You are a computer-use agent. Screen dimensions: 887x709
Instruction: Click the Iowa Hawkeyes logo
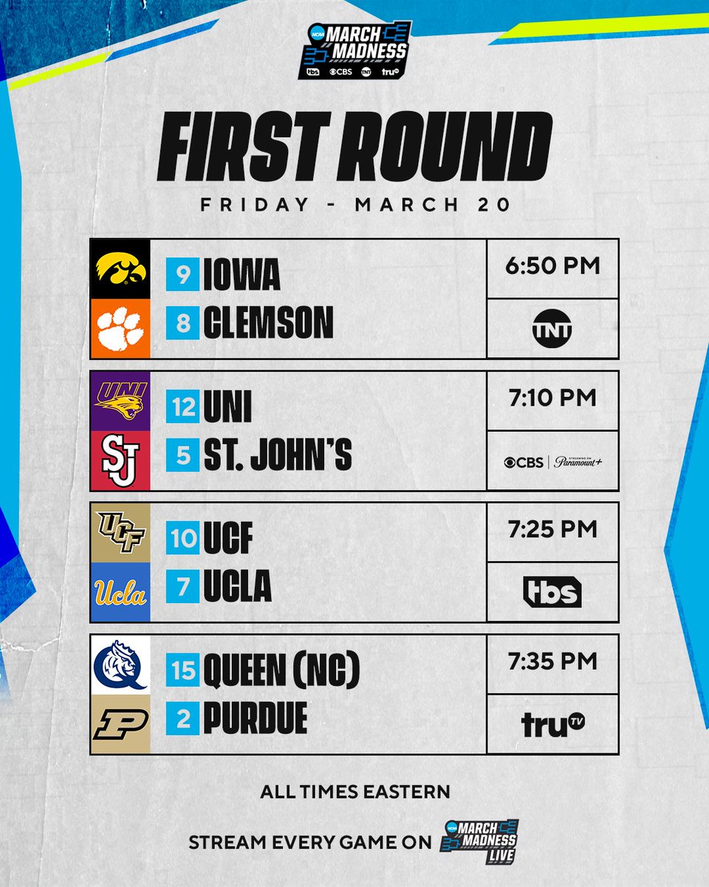coord(120,269)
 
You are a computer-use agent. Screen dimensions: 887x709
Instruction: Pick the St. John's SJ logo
coord(120,460)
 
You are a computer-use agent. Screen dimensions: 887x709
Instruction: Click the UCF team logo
coord(120,531)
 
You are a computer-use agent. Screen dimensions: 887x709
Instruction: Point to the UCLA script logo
coord(120,592)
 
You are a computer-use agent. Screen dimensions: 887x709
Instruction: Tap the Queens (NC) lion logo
coord(120,664)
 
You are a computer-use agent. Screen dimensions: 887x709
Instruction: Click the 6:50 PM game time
coord(552,265)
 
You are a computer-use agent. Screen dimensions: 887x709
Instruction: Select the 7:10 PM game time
coord(552,398)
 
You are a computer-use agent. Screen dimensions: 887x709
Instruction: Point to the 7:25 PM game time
coord(552,529)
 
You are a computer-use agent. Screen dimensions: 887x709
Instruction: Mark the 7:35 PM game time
coord(552,661)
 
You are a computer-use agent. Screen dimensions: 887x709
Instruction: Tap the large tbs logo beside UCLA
coord(552,591)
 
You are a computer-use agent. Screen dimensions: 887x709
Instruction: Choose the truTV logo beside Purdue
coord(552,724)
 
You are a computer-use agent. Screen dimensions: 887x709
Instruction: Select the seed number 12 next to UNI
coord(182,407)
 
